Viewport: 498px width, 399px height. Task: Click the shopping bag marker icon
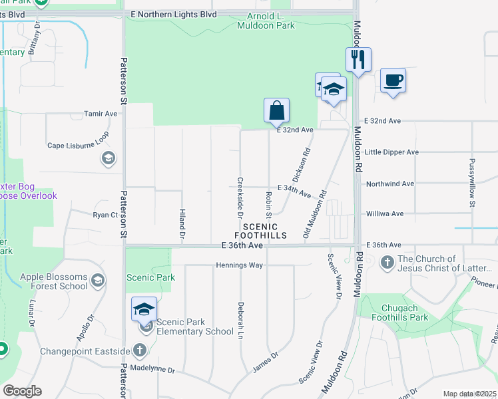pos(276,110)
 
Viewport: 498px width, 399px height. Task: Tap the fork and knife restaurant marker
pos(358,60)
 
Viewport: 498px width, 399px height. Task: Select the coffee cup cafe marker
pos(393,80)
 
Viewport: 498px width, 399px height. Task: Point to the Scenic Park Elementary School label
pos(191,331)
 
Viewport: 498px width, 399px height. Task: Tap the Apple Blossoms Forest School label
pos(54,281)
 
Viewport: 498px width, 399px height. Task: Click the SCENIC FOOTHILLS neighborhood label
pos(260,231)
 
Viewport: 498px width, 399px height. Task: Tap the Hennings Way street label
pos(240,265)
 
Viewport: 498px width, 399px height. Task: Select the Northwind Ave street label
pos(390,183)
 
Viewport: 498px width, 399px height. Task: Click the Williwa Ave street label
pos(385,214)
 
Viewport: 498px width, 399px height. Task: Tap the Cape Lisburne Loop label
pos(78,144)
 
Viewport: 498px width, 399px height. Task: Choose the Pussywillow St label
pos(471,182)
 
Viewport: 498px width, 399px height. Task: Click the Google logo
pos(22,391)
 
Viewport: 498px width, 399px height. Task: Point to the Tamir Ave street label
pos(101,114)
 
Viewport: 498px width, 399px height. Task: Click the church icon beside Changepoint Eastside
pos(140,350)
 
